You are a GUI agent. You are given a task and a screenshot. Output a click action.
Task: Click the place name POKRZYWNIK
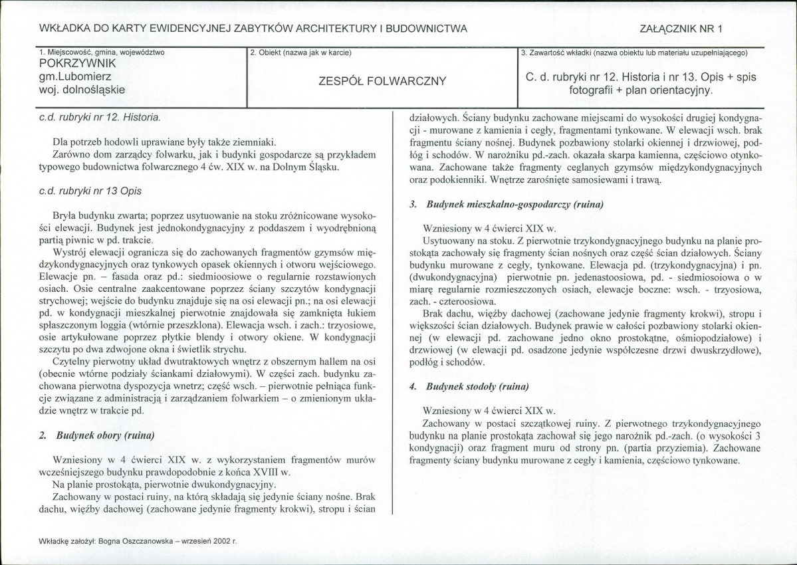pos(78,64)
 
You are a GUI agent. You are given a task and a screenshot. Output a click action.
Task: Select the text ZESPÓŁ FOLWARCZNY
pos(383,82)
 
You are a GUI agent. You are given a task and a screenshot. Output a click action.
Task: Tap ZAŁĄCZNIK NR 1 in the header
pos(680,29)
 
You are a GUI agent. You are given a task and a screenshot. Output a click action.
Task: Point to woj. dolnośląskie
pos(82,88)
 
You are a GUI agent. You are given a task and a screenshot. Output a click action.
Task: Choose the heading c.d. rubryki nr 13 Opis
pos(90,191)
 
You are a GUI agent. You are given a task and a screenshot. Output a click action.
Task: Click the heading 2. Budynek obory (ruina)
pos(97,435)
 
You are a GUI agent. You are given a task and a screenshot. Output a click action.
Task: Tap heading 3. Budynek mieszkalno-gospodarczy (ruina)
pos(507,204)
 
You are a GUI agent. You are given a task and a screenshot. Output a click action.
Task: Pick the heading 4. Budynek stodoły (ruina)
pos(469,386)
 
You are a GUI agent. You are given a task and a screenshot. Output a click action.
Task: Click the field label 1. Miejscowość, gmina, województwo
pos(102,52)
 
